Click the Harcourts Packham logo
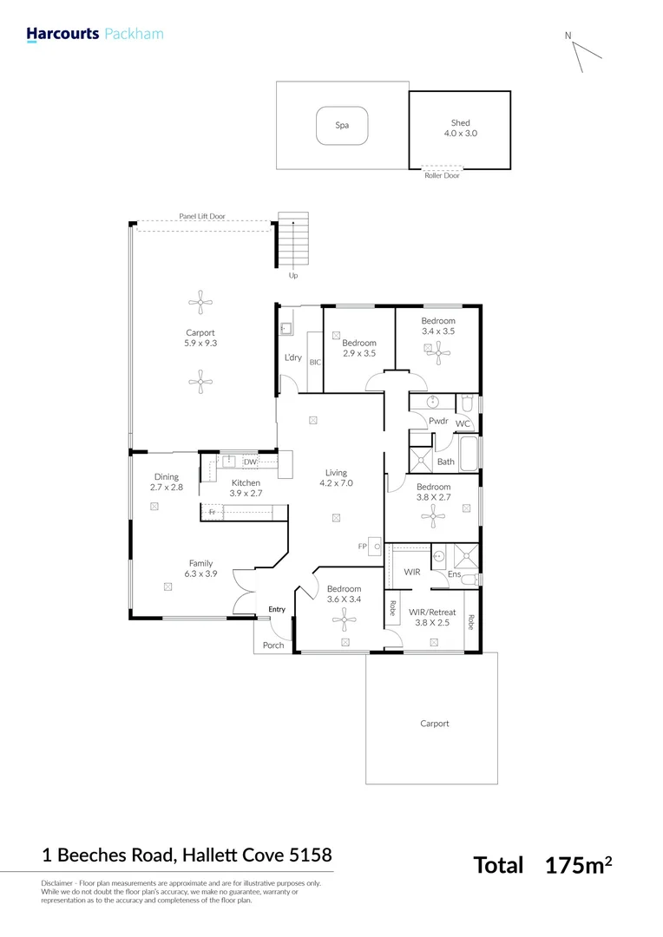pos(95,35)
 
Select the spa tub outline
pos(342,125)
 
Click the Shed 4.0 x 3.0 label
pos(460,128)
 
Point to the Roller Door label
pos(442,175)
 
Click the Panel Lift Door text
pos(201,216)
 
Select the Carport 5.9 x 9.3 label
pos(200,337)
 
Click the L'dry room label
pos(292,357)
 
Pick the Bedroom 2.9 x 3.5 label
pos(358,348)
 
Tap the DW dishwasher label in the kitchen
pos(250,462)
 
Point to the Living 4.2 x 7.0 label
pos(336,478)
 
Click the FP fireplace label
pos(362,547)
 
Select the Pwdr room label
pos(437,421)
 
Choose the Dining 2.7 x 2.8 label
pos(166,482)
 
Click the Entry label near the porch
pos(276,610)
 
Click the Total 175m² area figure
pos(548,865)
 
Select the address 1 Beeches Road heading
pos(187,855)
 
